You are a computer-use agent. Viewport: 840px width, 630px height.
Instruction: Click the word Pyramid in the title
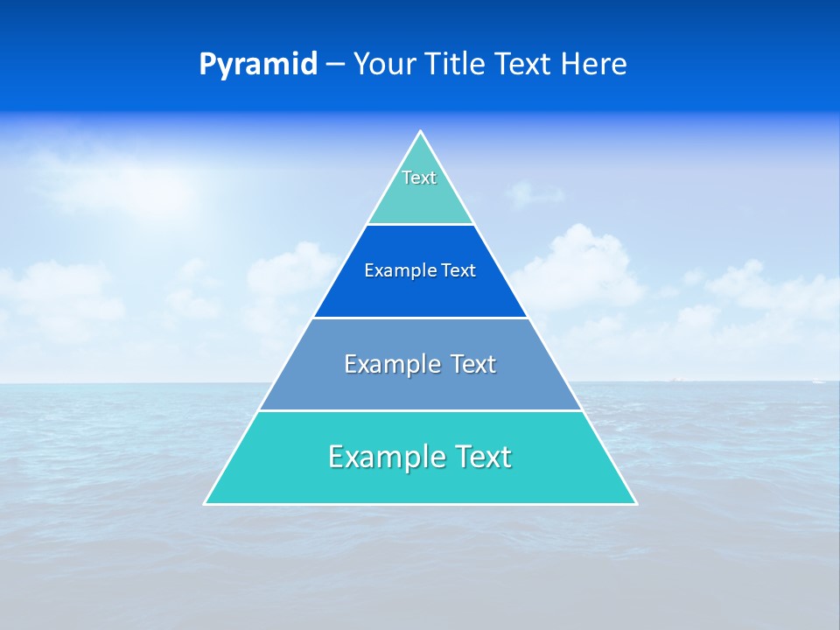pyautogui.click(x=257, y=65)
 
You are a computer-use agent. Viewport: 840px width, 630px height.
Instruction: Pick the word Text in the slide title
pyautogui.click(x=525, y=65)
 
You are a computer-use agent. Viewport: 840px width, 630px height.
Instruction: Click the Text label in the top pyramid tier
pyautogui.click(x=419, y=178)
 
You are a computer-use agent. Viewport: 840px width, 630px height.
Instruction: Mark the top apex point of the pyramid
pyautogui.click(x=420, y=131)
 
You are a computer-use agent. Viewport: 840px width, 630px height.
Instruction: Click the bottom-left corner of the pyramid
pyautogui.click(x=205, y=504)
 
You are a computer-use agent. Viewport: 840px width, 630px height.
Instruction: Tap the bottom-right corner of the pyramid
pyautogui.click(x=636, y=504)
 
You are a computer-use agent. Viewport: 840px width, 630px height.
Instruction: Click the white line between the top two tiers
pyautogui.click(x=420, y=225)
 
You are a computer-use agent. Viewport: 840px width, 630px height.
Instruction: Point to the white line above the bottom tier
pyautogui.click(x=420, y=410)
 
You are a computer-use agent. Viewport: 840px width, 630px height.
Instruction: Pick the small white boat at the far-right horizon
pyautogui.click(x=817, y=381)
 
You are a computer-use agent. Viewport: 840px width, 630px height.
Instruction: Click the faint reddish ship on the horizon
pyautogui.click(x=675, y=379)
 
